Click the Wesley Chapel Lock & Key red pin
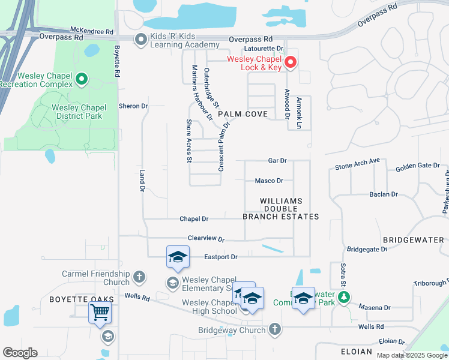click(290, 62)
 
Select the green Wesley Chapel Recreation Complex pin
click(82, 79)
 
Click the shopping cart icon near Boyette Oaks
click(100, 312)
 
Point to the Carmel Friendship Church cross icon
click(139, 277)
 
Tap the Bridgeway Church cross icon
click(274, 329)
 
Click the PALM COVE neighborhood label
click(243, 113)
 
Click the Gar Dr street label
click(277, 161)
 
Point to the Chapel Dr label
click(194, 219)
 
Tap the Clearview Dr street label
click(206, 239)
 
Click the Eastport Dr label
click(221, 257)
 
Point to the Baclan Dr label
click(384, 194)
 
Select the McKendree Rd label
click(92, 31)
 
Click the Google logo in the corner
click(20, 353)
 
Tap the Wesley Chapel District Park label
click(79, 112)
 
